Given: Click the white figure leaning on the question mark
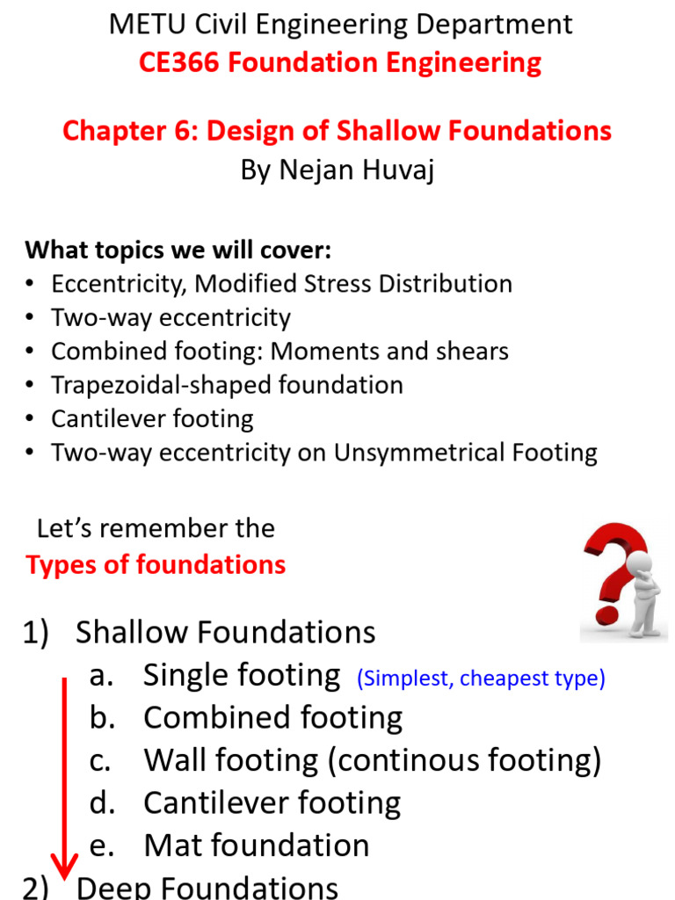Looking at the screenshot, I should pyautogui.click(x=644, y=590).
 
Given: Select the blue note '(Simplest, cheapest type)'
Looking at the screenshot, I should pyautogui.click(x=481, y=679).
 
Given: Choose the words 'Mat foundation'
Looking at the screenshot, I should pyautogui.click(x=256, y=846).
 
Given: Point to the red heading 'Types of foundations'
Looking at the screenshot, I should pyautogui.click(x=156, y=564).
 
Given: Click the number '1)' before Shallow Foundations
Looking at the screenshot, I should pyautogui.click(x=38, y=633).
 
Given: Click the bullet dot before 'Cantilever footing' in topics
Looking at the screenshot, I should pyautogui.click(x=33, y=419).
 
